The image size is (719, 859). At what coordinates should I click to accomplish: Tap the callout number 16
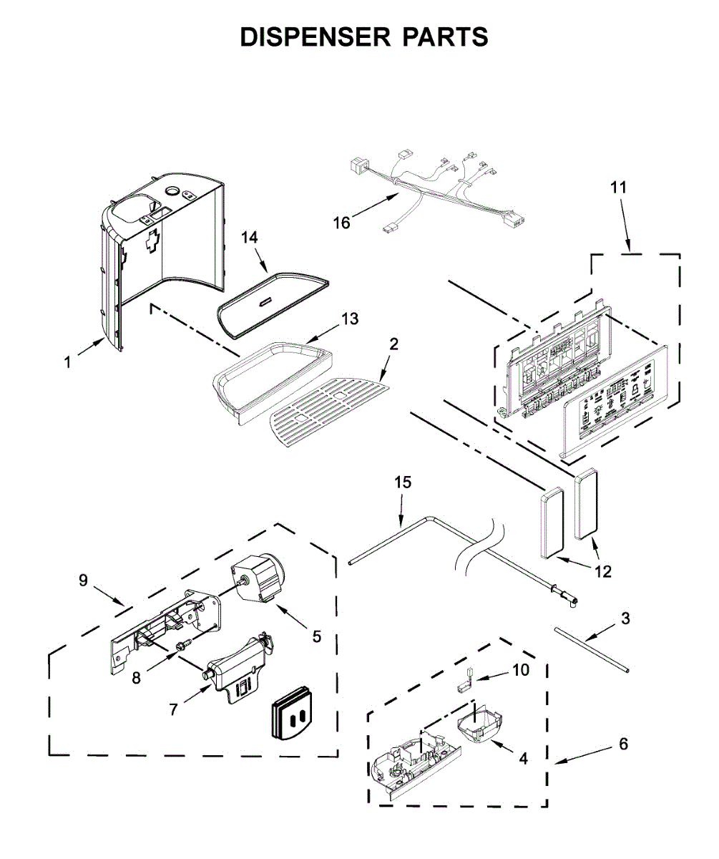coord(342,223)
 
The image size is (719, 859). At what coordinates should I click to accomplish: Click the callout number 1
coord(68,363)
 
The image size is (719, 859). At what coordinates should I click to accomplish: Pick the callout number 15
coord(403,482)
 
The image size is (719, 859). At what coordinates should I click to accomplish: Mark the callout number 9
coord(84,580)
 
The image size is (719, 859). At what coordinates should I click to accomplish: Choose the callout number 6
coord(623,744)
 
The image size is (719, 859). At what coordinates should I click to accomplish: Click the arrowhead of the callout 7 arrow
coord(211,686)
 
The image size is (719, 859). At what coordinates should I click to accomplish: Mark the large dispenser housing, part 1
coord(165,251)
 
